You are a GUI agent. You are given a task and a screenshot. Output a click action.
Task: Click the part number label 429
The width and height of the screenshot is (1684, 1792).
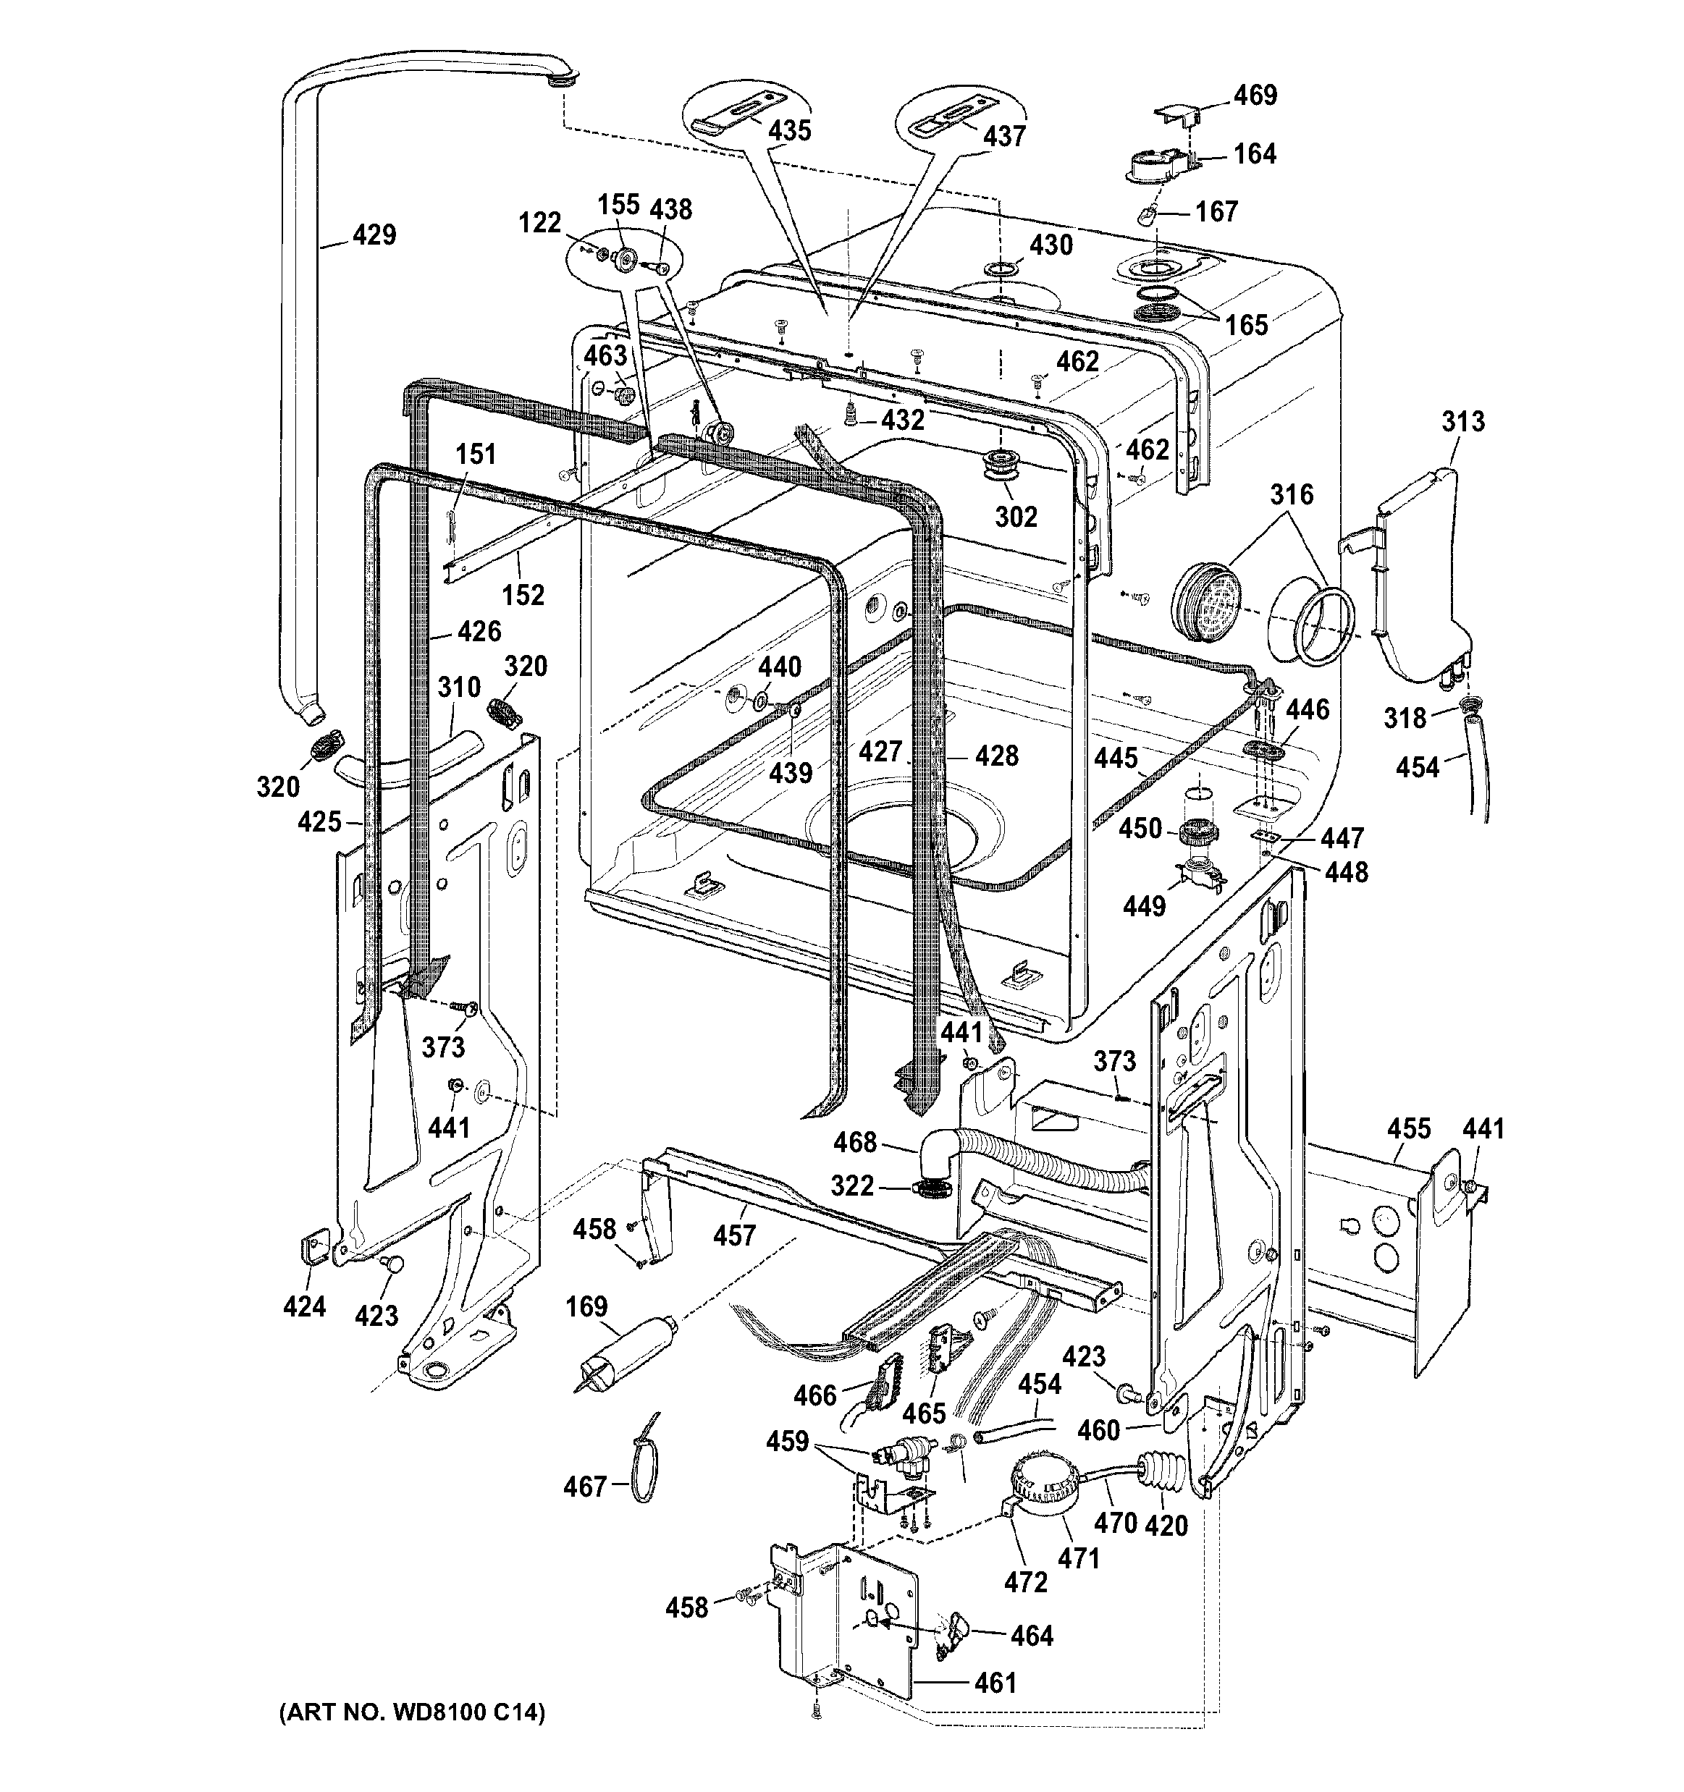point(374,235)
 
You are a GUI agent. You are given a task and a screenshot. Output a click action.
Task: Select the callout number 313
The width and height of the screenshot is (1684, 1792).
point(1462,421)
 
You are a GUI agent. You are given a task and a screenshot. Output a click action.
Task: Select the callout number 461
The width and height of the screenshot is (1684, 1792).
point(995,1683)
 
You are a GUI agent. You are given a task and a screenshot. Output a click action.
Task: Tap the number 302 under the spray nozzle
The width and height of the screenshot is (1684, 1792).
point(1016,517)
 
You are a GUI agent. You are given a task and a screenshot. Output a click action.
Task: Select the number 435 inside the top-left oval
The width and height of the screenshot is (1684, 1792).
point(789,131)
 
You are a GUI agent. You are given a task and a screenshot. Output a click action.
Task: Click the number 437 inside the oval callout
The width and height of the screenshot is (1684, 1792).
point(1003,136)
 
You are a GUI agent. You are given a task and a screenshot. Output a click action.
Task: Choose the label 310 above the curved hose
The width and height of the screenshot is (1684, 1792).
point(459,688)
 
